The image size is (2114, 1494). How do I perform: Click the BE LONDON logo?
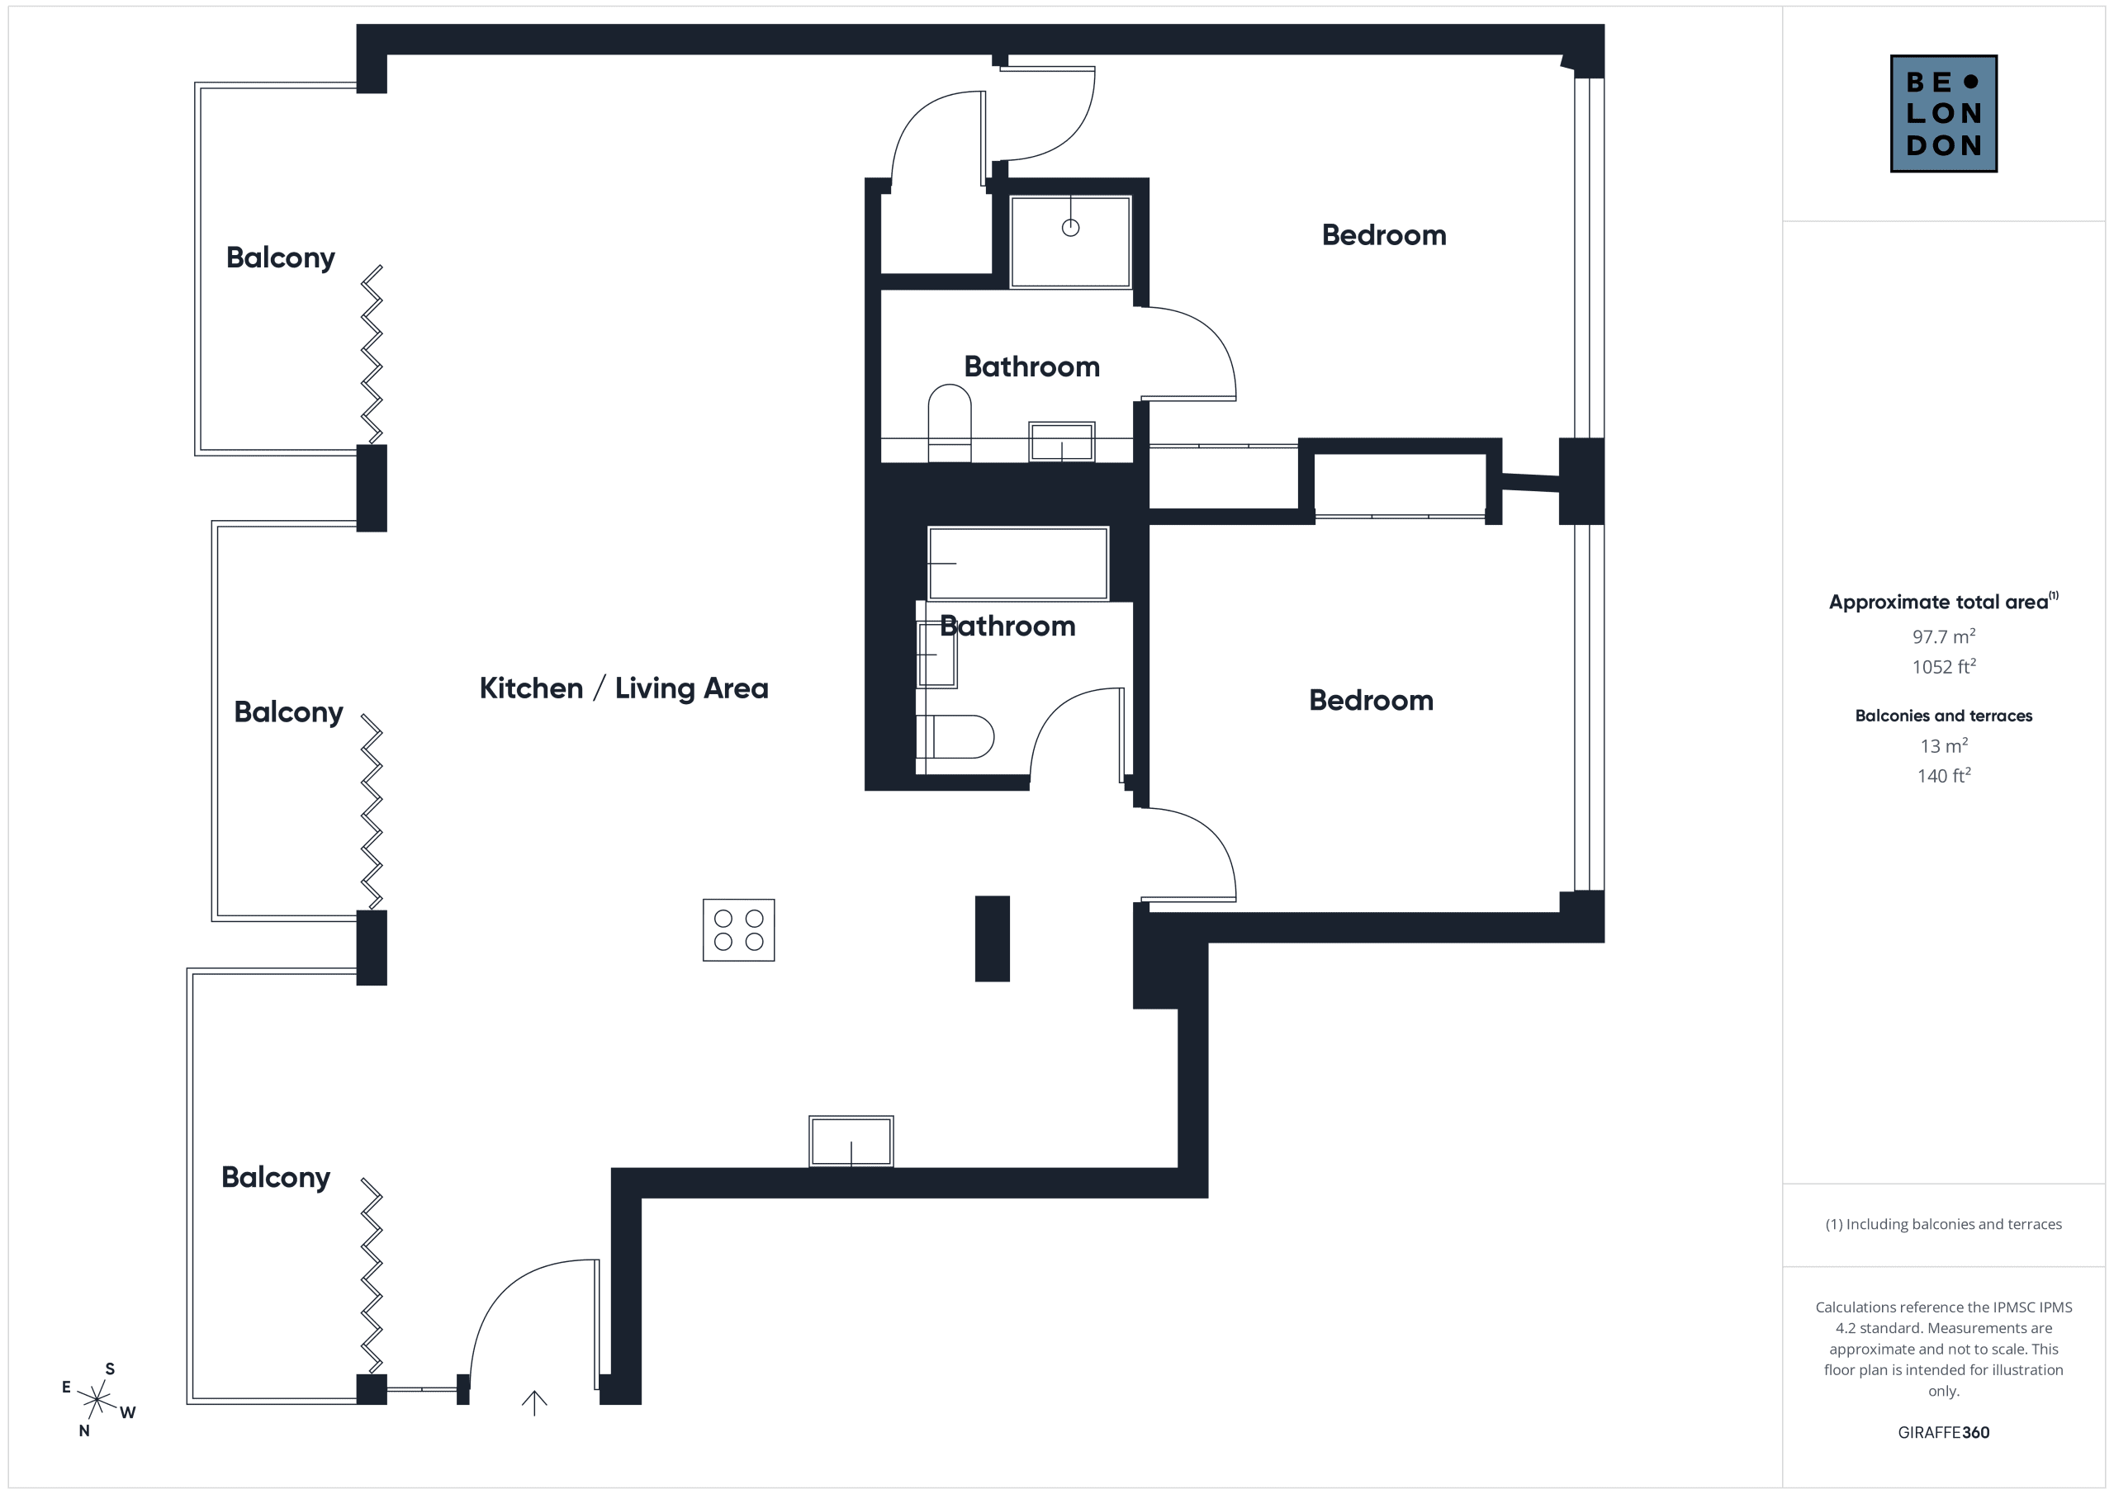[1943, 113]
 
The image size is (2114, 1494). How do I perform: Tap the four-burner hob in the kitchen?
[738, 929]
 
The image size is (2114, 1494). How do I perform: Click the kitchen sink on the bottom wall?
[851, 1142]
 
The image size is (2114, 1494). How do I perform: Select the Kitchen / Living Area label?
[623, 688]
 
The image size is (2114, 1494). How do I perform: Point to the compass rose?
[97, 1400]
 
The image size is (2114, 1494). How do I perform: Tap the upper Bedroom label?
[1384, 234]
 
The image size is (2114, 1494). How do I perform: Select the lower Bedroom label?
[1371, 700]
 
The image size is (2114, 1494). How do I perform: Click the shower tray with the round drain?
[1070, 242]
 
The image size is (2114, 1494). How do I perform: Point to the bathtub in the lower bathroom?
[1017, 564]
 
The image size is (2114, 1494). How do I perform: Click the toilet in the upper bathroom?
[950, 423]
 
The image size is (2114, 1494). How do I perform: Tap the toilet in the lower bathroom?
[955, 736]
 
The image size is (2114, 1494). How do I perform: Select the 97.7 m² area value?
[1943, 636]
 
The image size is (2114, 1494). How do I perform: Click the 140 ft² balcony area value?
[1943, 775]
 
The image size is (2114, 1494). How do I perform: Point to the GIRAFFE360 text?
[1943, 1432]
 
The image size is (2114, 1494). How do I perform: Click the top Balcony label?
[280, 258]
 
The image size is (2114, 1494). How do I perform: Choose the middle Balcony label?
[288, 712]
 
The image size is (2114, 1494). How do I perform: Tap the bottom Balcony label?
[275, 1177]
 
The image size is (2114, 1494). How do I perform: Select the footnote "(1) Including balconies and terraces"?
[1943, 1224]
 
